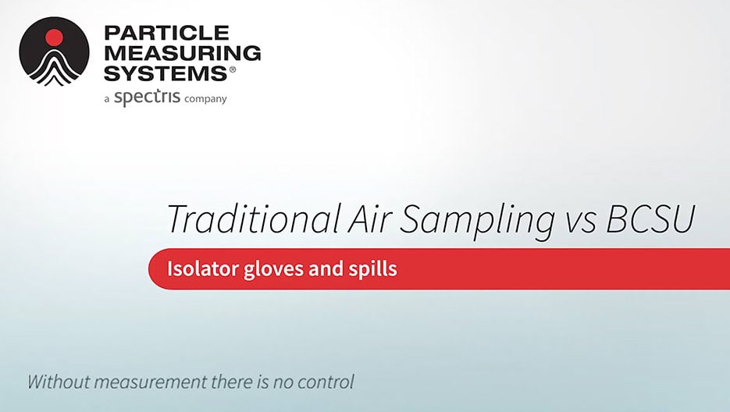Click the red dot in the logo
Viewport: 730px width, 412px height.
point(54,37)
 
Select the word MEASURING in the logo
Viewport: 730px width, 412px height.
point(182,53)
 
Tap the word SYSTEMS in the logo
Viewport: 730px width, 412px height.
point(163,73)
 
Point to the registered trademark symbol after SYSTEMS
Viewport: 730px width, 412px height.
point(231,69)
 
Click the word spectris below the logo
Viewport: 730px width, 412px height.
point(147,98)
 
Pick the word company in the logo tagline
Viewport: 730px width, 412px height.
point(205,99)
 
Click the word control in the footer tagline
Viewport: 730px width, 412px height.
point(327,382)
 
